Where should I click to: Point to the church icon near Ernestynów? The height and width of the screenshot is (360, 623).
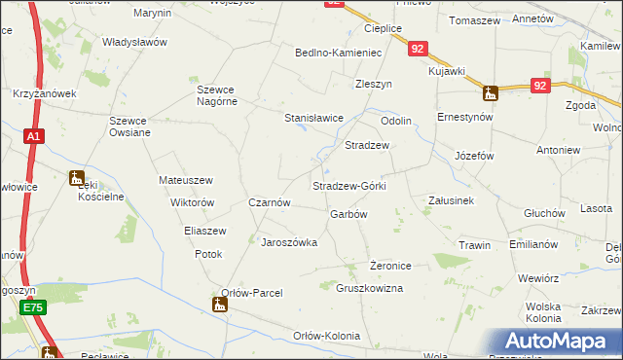490,93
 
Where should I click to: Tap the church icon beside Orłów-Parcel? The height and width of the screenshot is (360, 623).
222,306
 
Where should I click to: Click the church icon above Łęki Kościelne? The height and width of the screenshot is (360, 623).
77,178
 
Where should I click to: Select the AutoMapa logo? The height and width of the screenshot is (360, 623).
559,341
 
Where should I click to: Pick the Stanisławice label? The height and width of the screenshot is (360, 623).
313,118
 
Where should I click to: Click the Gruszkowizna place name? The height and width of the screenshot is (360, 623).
369,289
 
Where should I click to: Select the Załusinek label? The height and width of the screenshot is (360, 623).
451,200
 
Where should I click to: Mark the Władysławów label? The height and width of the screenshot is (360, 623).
135,43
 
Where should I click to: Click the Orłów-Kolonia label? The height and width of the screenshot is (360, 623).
326,336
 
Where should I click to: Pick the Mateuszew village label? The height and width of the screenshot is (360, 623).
185,180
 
